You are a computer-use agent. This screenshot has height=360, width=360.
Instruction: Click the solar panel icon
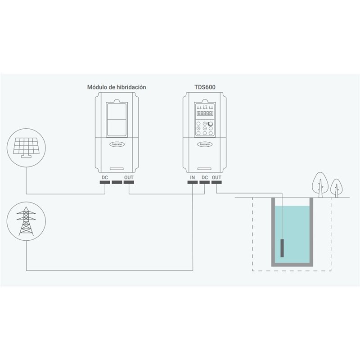[x=26, y=148]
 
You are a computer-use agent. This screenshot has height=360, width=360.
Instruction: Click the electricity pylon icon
[x=26, y=221]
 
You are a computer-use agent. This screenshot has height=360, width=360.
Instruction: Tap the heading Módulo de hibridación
[x=117, y=87]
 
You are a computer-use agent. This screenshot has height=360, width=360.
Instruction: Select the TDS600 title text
[x=205, y=87]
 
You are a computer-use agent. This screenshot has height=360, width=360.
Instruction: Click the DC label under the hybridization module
[x=105, y=177]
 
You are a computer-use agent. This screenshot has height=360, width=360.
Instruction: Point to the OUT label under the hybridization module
[x=129, y=177]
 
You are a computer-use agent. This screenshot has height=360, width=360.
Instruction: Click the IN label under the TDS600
[x=193, y=177]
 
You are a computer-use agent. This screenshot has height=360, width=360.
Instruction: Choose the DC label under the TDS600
[x=205, y=177]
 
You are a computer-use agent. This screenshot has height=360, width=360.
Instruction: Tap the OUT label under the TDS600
[x=216, y=177]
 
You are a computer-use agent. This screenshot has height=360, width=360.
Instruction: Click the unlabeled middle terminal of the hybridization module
[x=117, y=182]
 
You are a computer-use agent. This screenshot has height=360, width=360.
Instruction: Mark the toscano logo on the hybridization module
[x=117, y=144]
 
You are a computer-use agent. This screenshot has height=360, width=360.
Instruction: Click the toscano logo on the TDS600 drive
[x=205, y=144]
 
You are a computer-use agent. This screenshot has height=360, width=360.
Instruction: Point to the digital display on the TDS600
[x=205, y=113]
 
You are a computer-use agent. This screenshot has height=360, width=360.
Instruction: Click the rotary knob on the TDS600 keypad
[x=210, y=124]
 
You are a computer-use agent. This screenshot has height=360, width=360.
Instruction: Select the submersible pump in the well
[x=282, y=248]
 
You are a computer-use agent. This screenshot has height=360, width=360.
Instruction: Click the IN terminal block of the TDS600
[x=193, y=182]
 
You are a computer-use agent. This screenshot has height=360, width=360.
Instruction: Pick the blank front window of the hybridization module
[x=117, y=120]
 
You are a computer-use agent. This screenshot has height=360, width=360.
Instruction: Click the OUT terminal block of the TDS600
[x=216, y=182]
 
